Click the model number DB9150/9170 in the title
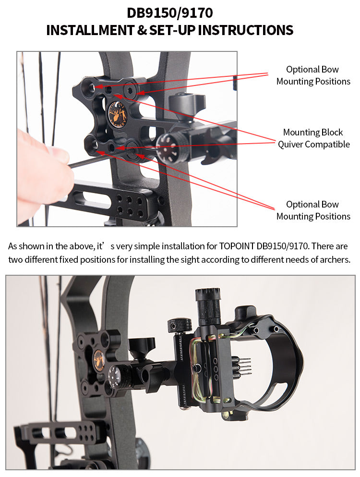(169, 13)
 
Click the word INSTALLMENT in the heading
(90, 30)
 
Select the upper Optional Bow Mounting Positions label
(313, 75)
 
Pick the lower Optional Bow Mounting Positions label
(313, 210)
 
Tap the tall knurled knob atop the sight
(208, 305)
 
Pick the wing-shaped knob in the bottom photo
(142, 347)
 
